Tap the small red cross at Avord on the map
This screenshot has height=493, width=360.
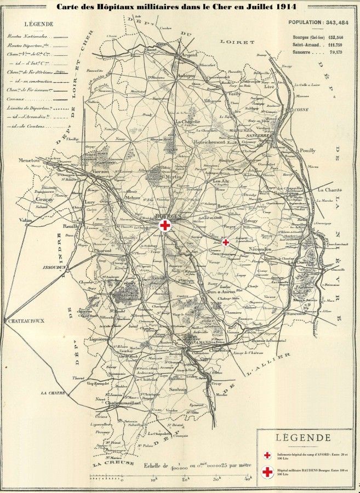click(226, 242)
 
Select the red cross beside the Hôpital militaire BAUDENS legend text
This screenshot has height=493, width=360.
click(268, 472)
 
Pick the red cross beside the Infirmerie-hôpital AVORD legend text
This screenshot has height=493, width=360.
click(268, 455)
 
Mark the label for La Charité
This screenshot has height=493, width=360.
click(328, 190)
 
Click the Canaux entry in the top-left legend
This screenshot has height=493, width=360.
click(22, 99)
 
